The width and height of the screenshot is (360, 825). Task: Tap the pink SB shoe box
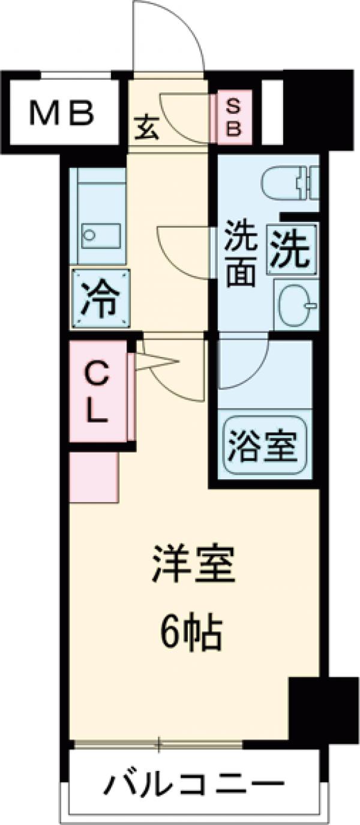pos(232,118)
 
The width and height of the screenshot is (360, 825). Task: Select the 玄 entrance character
pos(147,128)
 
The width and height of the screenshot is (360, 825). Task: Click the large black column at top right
pos(317,108)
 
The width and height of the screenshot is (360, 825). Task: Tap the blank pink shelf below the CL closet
pos(94,476)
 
